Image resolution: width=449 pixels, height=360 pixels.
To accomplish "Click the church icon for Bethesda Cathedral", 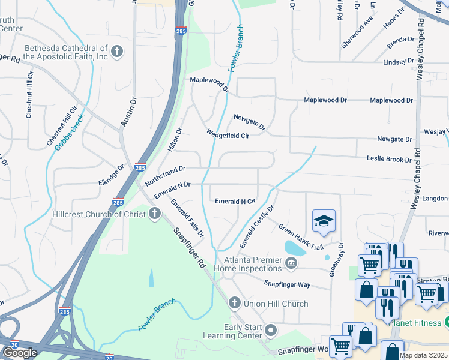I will coord(117,52).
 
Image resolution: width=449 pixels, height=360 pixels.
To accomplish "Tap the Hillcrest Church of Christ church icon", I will coord(155,214).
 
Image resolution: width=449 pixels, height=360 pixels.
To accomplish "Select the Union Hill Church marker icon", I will coord(234,303).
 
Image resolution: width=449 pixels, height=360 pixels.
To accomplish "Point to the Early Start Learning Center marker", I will coord(271,330).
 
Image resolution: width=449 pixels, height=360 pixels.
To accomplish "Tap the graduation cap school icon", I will coord(324,222).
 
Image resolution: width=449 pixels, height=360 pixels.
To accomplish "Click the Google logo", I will coord(20,352).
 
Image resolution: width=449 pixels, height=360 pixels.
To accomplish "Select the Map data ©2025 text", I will coord(423,355).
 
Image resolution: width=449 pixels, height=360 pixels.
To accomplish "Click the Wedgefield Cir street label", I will coord(228,134).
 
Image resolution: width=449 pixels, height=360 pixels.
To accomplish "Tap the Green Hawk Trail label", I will coord(300,237).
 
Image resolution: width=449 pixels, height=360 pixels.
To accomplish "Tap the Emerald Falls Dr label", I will coord(187,217).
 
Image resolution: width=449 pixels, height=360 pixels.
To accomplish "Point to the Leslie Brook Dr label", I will coord(390,160).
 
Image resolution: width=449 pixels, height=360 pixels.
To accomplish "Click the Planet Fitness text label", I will coord(415,323).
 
